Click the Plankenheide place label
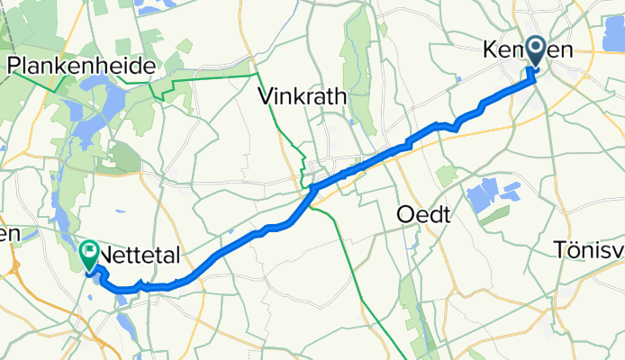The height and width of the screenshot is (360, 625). [81, 66]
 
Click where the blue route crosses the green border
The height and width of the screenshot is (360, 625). [311, 192]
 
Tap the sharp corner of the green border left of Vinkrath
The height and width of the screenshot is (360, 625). [258, 73]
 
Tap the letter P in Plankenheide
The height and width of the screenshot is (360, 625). [15, 66]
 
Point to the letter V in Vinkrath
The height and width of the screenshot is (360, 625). [266, 95]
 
